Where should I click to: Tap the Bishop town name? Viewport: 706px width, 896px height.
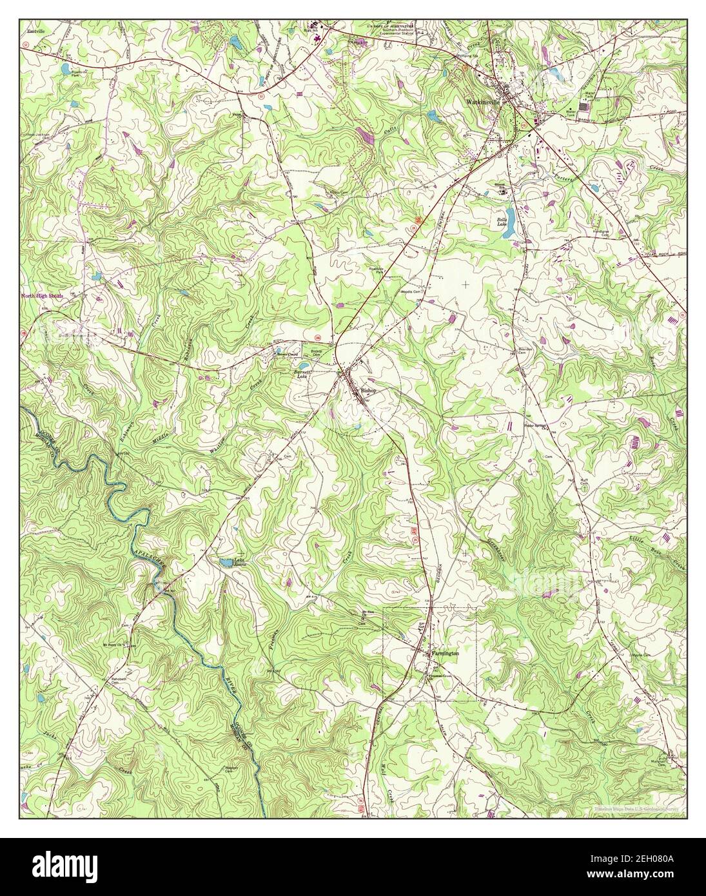(x=368, y=391)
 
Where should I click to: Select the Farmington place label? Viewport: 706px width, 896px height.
(x=445, y=653)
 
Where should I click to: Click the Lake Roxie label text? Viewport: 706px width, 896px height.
(x=239, y=563)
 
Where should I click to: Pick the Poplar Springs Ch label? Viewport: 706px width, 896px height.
(x=534, y=426)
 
